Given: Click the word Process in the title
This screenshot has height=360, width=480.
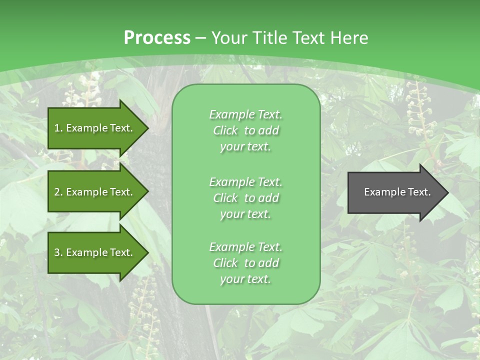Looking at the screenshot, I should point(157,38).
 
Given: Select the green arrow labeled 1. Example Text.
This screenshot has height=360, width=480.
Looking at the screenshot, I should point(95,128).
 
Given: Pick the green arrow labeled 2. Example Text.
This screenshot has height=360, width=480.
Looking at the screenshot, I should point(95,192).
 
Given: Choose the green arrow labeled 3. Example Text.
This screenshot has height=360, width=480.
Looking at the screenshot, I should point(95,252).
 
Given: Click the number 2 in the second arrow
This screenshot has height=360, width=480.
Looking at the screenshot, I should point(57,192).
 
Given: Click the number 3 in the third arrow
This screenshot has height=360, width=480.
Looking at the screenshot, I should point(57,252).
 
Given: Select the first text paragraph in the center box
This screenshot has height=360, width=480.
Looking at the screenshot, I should point(245,130).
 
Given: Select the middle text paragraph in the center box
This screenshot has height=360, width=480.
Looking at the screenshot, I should point(245,198).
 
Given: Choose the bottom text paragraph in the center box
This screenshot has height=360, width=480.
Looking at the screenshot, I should point(245,263).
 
